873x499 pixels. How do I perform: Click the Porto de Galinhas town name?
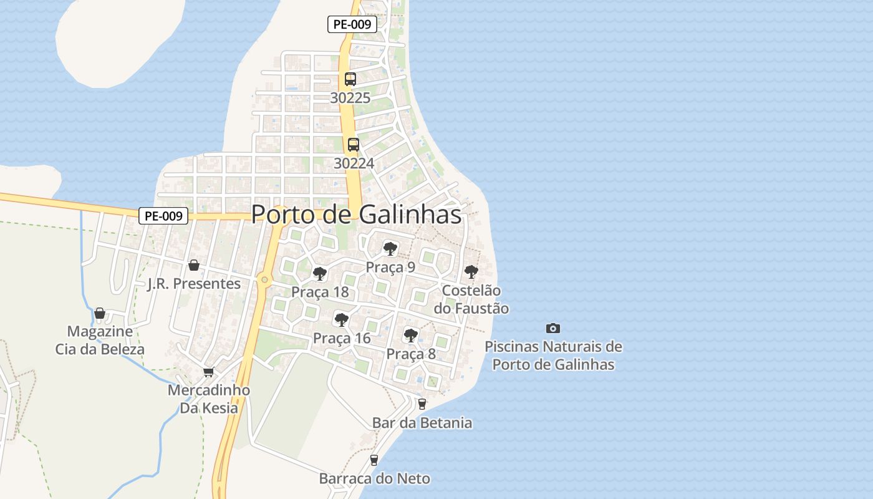[x=356, y=215]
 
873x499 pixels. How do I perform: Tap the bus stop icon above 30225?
[x=350, y=79]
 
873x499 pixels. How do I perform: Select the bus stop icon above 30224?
[x=354, y=145]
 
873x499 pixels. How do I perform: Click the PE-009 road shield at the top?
[x=352, y=25]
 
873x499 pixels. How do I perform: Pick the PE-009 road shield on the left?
[x=163, y=216]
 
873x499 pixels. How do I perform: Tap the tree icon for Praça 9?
[x=390, y=249]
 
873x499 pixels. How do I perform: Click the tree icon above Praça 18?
[x=320, y=273]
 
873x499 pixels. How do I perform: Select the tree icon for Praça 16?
[x=341, y=320]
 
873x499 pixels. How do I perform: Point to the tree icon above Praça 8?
[x=410, y=335]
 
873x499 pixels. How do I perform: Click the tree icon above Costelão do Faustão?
[x=471, y=272]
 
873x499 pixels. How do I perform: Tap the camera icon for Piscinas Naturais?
[x=553, y=328]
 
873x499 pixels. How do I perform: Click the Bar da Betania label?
[x=422, y=423]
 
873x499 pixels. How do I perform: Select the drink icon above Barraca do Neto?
[x=374, y=460]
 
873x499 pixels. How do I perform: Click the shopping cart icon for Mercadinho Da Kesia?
[x=209, y=372]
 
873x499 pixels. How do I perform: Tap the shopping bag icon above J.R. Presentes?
[x=194, y=265]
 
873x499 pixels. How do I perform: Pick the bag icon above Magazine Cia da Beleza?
[x=100, y=312]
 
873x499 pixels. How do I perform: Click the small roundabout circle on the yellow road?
[x=265, y=279]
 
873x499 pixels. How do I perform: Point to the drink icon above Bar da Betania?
[x=422, y=404]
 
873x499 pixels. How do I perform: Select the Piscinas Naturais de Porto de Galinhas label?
[x=553, y=356]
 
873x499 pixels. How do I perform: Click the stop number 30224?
[x=354, y=163]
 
